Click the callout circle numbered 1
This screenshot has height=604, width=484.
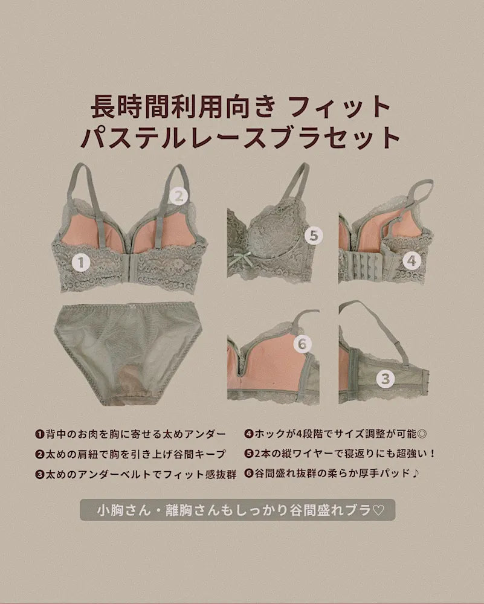pos(81,263)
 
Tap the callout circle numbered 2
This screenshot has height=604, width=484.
pos(179,196)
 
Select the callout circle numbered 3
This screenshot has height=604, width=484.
pos(386,379)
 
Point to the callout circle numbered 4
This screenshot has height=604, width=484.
pos(411,261)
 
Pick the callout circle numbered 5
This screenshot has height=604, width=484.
pos(314,236)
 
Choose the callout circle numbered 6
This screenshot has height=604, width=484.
pos(303,344)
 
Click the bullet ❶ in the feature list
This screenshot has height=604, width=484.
pos(39,434)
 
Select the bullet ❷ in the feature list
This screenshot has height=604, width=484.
pos(39,455)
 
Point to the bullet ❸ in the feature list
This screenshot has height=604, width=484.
pos(39,475)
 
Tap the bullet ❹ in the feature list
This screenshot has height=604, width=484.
pos(249,434)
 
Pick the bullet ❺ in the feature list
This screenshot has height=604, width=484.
pos(249,454)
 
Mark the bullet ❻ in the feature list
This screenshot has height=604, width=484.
pos(249,474)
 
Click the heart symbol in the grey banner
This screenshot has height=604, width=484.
pos(378,510)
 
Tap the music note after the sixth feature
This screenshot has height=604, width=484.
pos(415,473)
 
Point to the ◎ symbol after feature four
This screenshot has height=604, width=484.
pos(422,434)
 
